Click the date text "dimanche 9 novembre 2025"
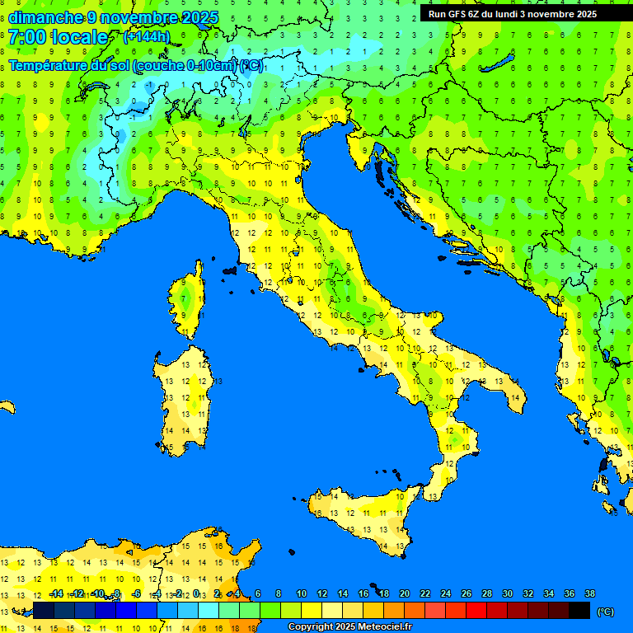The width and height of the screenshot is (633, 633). click(x=114, y=17)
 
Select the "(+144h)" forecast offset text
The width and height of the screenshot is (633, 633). click(x=147, y=37)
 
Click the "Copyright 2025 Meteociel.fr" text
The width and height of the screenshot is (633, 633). click(x=349, y=627)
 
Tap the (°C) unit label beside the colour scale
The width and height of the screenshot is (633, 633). click(x=605, y=611)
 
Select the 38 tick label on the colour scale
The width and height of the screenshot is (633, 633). click(x=590, y=594)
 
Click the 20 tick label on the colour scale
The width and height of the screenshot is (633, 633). click(x=404, y=594)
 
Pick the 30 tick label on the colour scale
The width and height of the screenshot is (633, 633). click(x=508, y=594)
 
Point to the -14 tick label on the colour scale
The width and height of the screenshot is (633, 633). click(x=56, y=594)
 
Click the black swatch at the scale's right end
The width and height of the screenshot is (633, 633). click(x=579, y=611)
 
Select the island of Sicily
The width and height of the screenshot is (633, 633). click(x=363, y=519)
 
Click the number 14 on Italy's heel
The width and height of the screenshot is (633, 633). click(x=514, y=398)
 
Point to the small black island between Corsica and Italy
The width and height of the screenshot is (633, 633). click(x=230, y=270)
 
